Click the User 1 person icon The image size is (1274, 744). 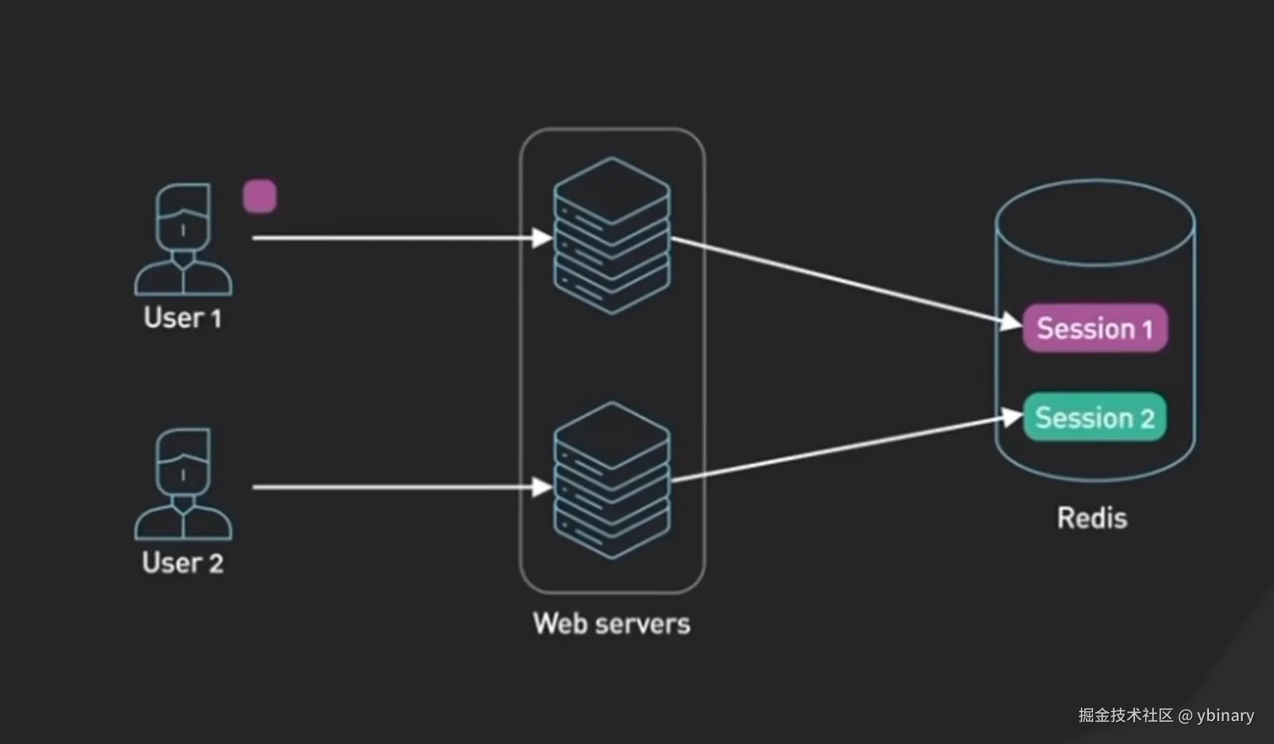click(183, 239)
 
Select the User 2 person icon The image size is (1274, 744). click(183, 483)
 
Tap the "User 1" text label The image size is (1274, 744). click(183, 318)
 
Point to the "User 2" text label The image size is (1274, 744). click(183, 562)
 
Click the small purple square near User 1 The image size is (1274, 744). click(260, 196)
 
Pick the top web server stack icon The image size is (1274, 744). click(612, 236)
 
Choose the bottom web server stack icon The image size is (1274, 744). click(612, 480)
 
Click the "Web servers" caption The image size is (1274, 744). click(612, 624)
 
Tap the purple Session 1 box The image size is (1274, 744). click(1094, 328)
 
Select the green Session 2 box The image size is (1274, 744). click(1094, 417)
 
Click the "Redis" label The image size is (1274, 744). click(1092, 518)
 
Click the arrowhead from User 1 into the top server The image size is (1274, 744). click(542, 238)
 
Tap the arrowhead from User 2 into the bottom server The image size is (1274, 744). click(542, 487)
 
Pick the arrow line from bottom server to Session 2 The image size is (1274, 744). click(834, 450)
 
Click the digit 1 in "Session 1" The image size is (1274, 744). click(1147, 329)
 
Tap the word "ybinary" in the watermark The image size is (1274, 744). click(1225, 716)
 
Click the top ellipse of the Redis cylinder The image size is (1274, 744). click(1095, 223)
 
